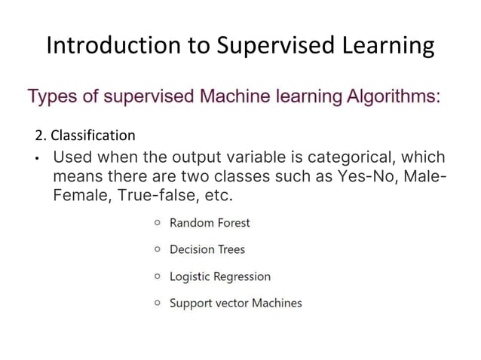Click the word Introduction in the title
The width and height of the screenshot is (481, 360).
(111, 47)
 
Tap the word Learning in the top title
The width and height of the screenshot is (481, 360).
(384, 47)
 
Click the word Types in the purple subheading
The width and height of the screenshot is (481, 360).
(54, 97)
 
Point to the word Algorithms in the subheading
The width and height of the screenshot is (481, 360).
(383, 97)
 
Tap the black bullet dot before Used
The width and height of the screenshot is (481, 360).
(37, 160)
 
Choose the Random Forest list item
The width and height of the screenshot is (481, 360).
(210, 223)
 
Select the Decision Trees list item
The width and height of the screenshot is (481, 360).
(207, 249)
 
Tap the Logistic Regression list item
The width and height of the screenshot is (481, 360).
(219, 276)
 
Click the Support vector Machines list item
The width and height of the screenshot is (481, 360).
(235, 303)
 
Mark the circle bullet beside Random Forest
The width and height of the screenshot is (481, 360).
(157, 223)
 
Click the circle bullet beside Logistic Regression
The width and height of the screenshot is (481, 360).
(157, 276)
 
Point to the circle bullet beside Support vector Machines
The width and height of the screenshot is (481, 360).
(157, 303)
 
